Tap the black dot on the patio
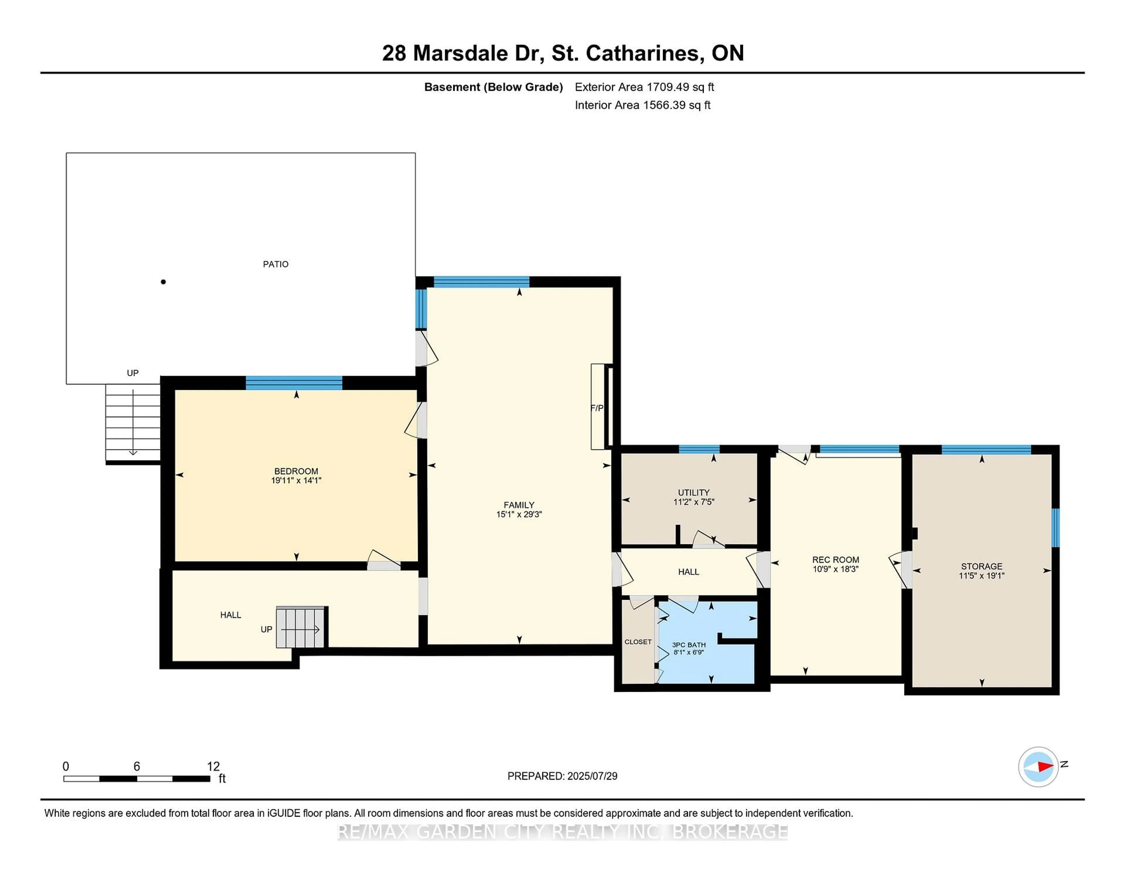(163, 282)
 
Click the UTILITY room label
(693, 492)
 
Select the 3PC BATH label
(689, 645)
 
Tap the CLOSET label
(638, 642)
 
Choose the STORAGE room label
(981, 566)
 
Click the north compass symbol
(1038, 767)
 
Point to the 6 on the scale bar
(137, 767)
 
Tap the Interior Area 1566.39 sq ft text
(642, 105)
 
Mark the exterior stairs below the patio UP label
(133, 423)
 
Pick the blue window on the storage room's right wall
(1055, 527)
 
